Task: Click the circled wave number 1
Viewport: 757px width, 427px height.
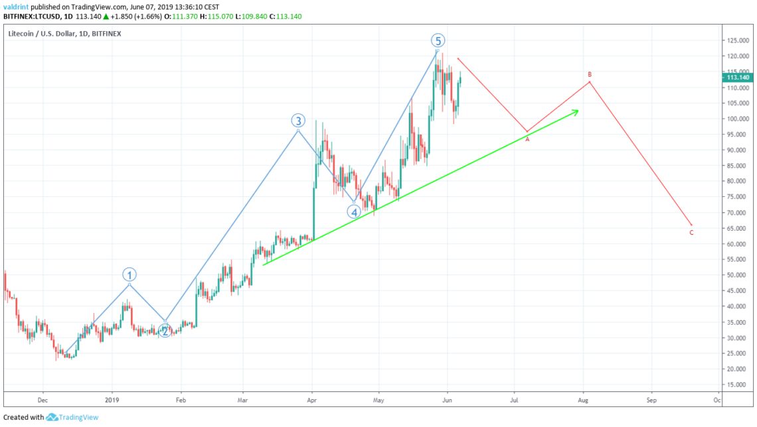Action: coord(130,274)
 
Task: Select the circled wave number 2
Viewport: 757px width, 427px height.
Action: coord(165,330)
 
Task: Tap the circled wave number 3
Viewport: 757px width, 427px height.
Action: coord(298,121)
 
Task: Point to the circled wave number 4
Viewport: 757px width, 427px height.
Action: coord(354,212)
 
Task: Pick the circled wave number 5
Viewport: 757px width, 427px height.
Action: coord(438,40)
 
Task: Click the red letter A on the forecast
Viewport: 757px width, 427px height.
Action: coord(528,139)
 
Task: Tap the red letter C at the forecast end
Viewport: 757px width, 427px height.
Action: coord(691,233)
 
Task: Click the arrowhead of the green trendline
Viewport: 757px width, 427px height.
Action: coord(576,111)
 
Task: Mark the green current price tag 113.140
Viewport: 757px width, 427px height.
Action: coord(738,77)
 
